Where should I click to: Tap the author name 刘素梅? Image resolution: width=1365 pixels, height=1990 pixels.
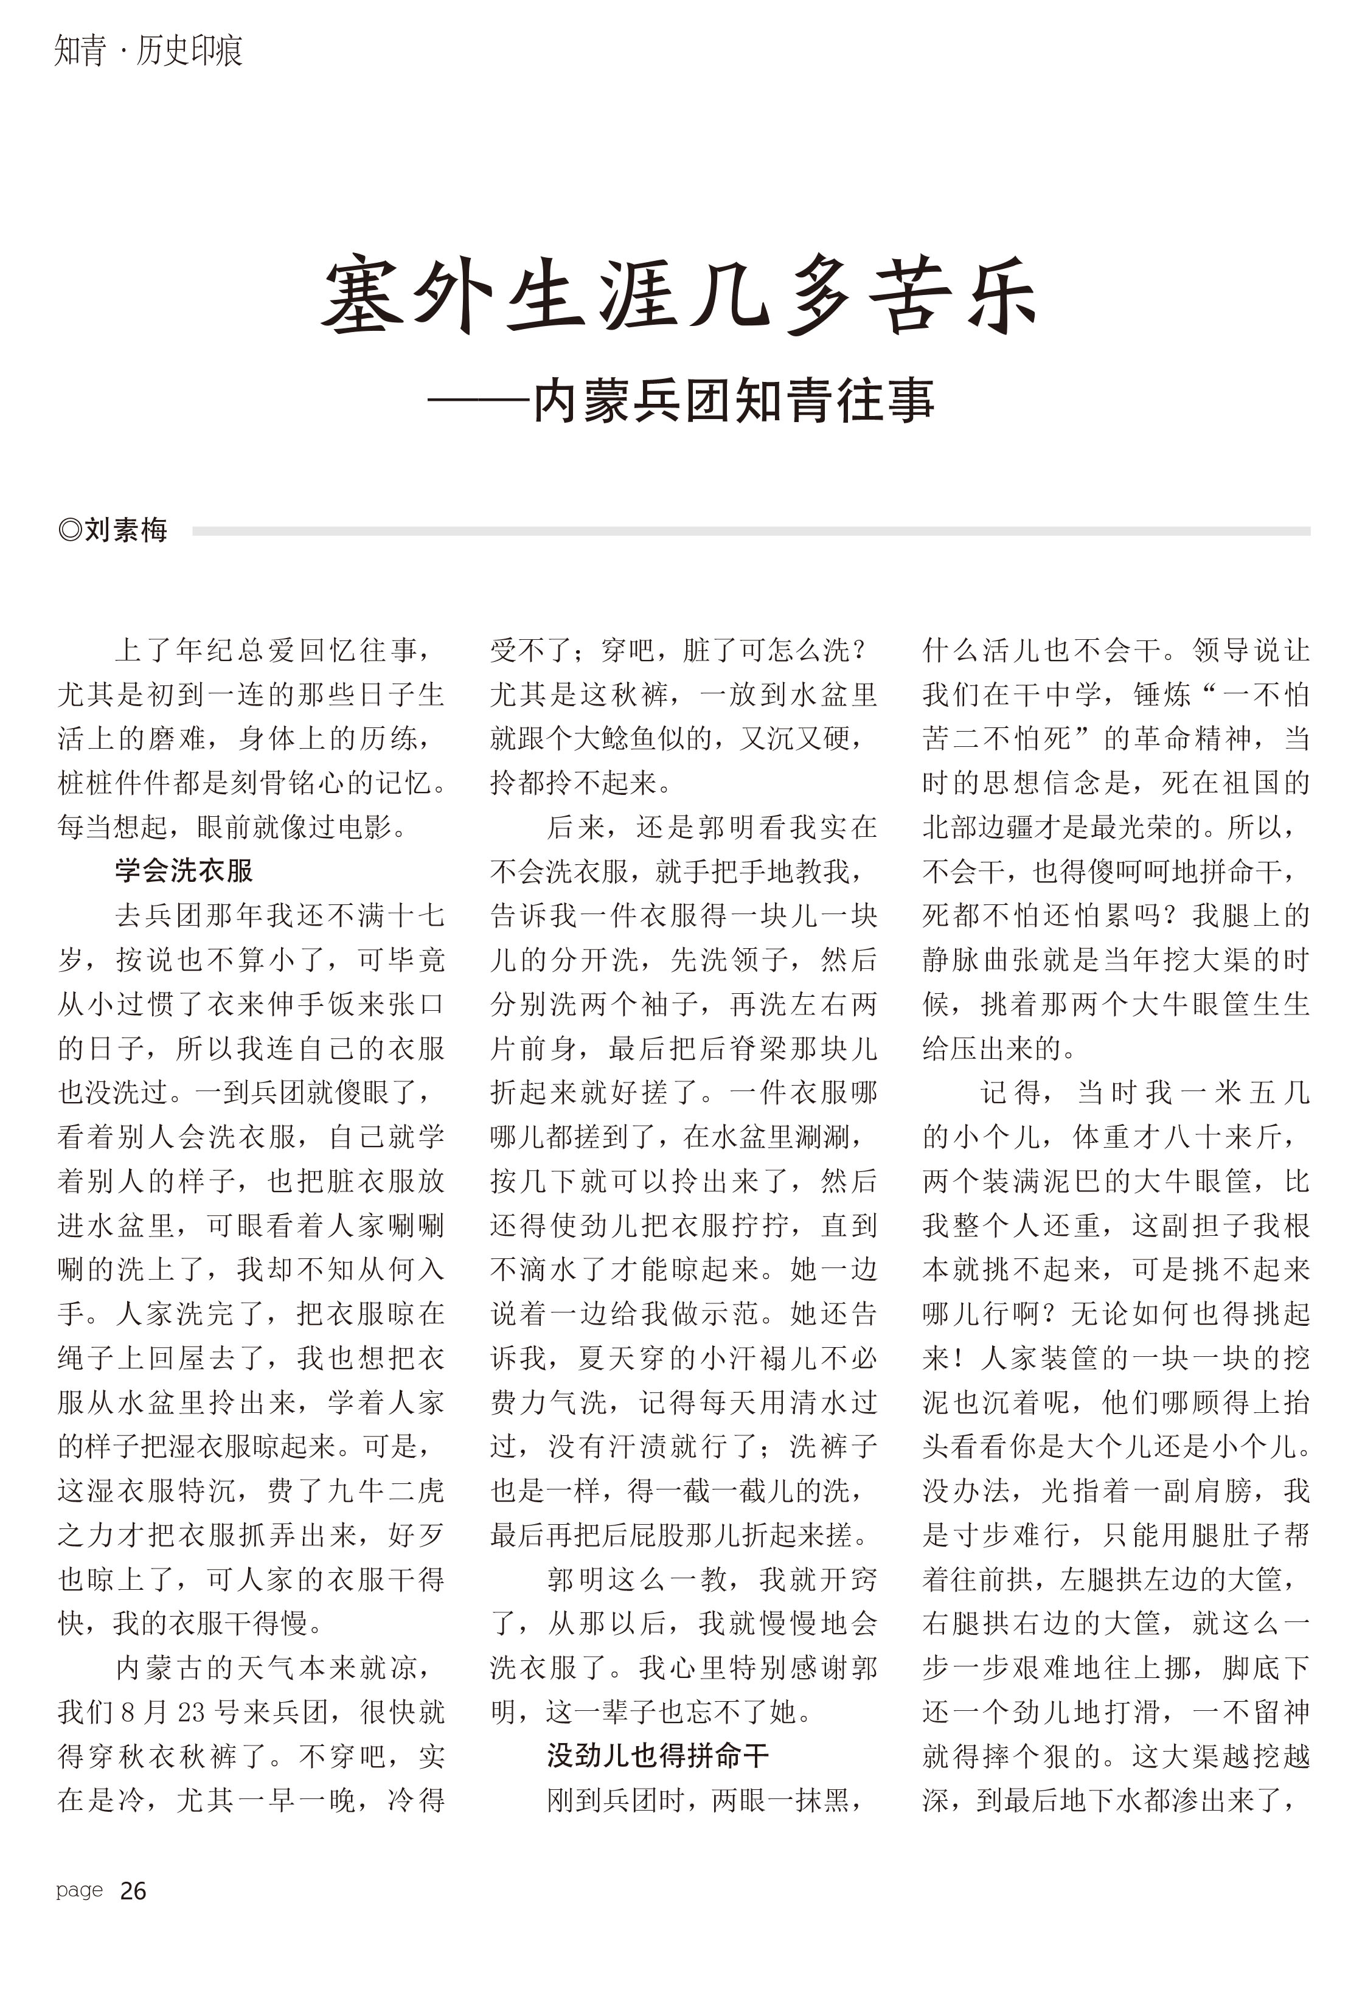tap(126, 530)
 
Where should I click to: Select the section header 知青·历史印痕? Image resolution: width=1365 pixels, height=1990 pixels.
tap(148, 50)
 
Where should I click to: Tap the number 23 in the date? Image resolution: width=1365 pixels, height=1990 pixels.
tap(190, 1711)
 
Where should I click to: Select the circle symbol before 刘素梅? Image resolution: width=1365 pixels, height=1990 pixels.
tap(69, 530)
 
